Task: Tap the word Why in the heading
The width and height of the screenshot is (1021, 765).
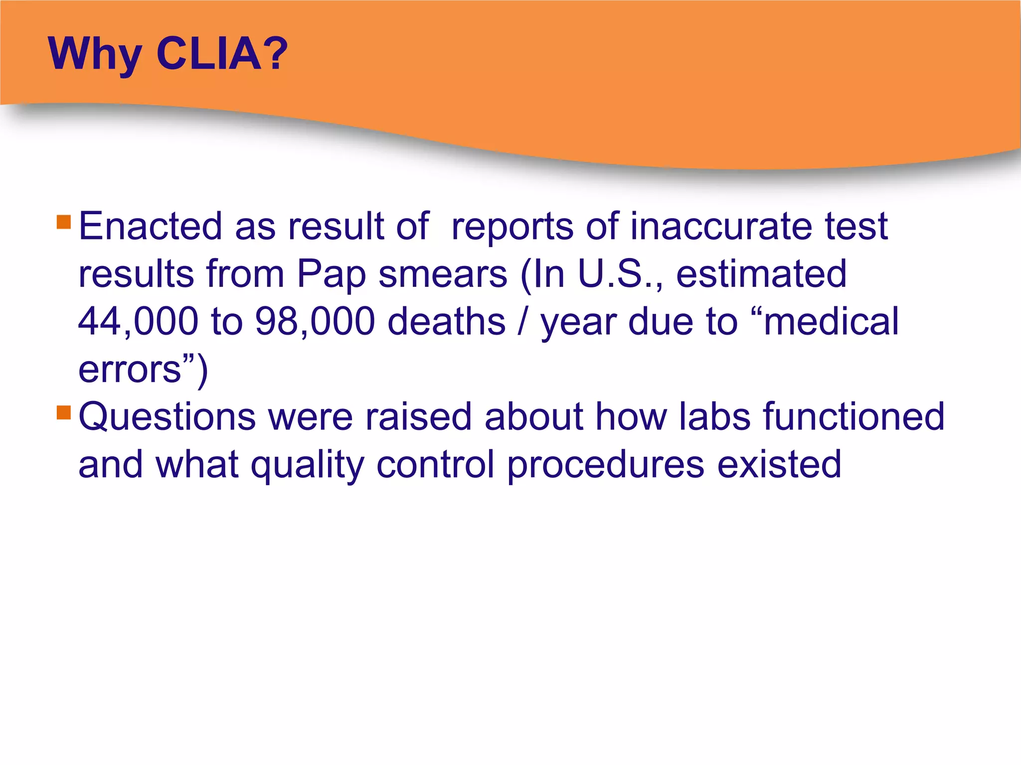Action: click(x=95, y=55)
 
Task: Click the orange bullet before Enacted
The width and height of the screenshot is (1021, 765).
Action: click(x=64, y=222)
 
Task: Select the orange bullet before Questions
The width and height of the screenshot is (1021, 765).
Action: click(x=64, y=412)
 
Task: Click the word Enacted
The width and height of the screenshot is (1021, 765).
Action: click(x=150, y=227)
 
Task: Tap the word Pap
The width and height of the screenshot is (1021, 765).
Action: click(x=331, y=275)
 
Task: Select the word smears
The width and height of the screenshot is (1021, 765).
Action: click(x=443, y=275)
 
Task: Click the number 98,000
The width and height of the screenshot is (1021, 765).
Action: click(x=315, y=322)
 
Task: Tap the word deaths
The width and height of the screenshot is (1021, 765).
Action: click(x=447, y=321)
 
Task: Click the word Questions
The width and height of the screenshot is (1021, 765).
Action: click(x=167, y=417)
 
